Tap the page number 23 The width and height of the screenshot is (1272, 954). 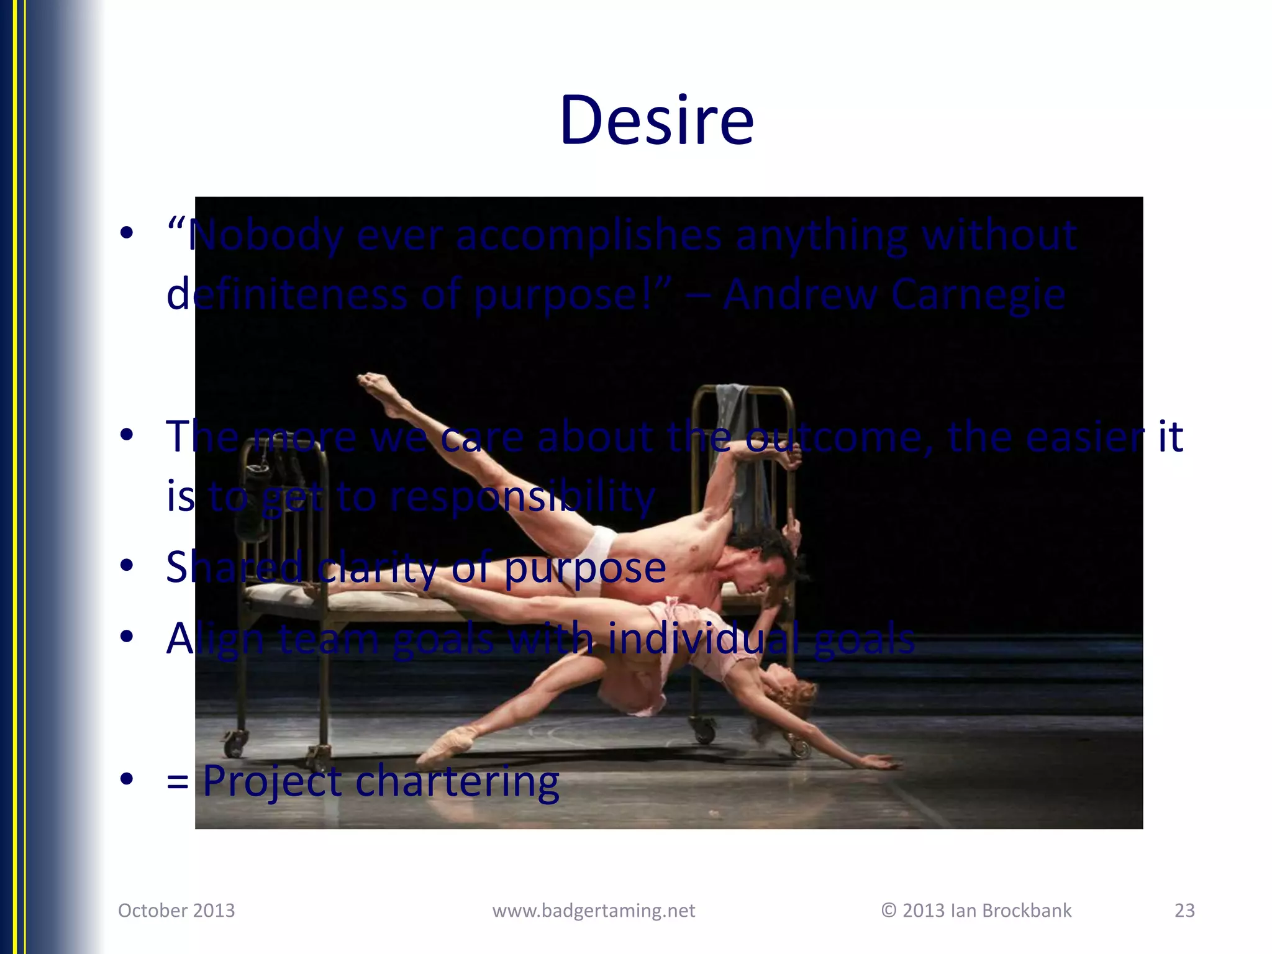click(1184, 911)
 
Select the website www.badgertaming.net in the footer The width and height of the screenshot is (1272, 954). click(593, 911)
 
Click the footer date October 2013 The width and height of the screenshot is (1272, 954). click(176, 911)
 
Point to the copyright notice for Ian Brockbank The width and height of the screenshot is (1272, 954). click(976, 911)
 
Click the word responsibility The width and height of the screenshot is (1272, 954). click(522, 497)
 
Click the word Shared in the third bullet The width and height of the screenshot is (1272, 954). click(235, 567)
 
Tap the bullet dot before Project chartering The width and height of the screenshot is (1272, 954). click(127, 779)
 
